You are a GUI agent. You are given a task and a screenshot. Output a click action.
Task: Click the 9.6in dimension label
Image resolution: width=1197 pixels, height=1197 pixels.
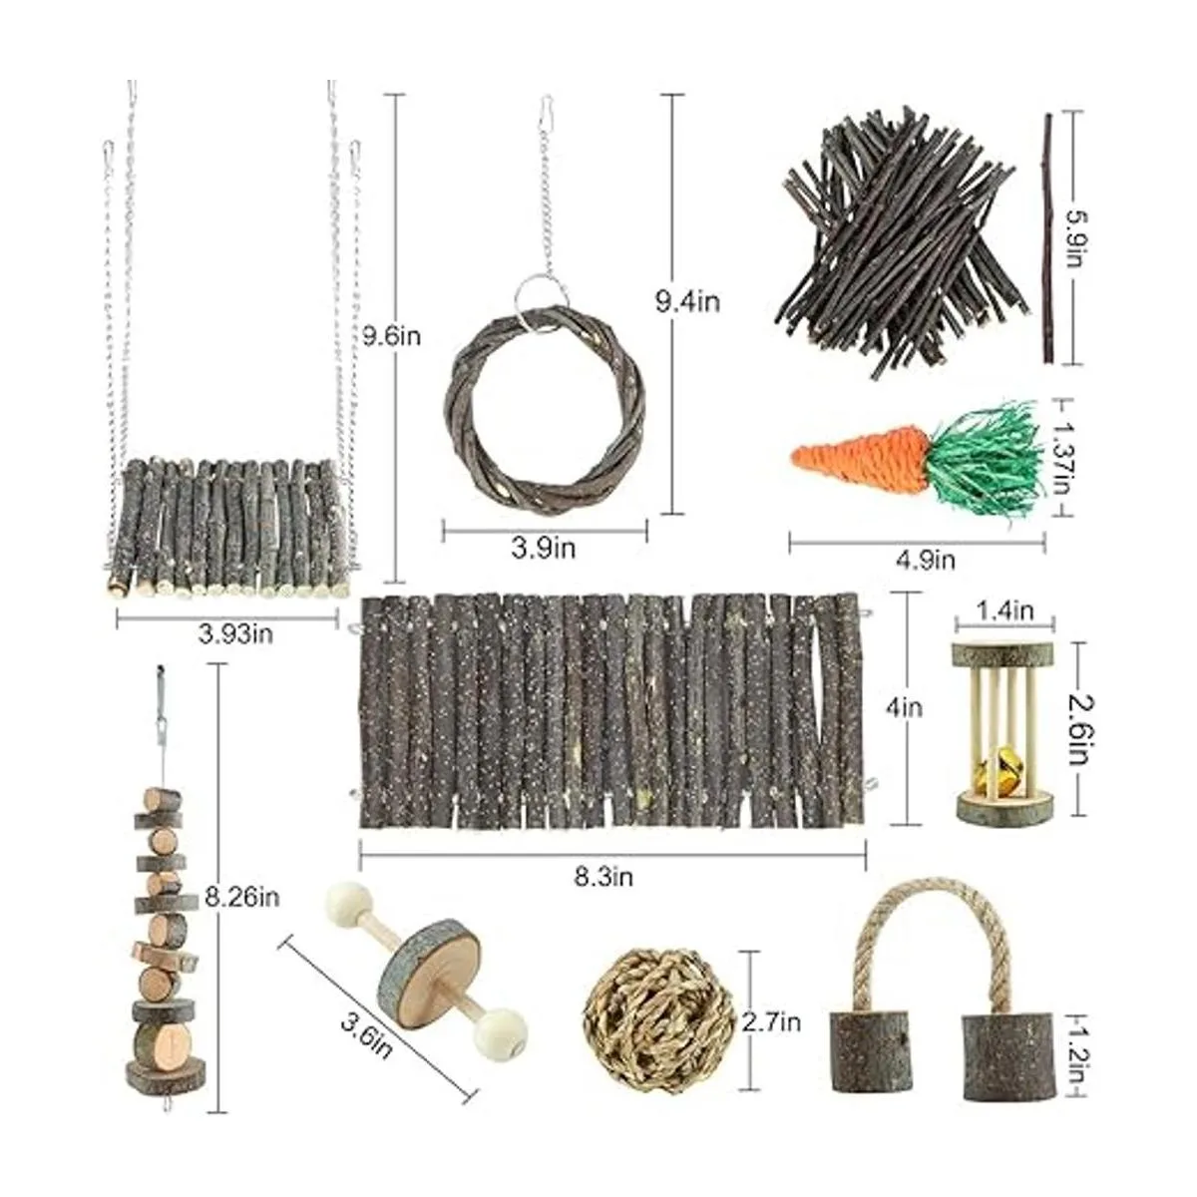point(392,336)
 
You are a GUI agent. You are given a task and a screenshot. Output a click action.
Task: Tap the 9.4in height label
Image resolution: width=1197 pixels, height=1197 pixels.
point(688,302)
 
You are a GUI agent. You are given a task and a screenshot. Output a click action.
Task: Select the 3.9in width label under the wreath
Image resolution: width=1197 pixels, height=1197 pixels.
point(544,548)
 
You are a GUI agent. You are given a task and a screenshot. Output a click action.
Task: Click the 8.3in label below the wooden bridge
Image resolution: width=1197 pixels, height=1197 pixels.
point(603,877)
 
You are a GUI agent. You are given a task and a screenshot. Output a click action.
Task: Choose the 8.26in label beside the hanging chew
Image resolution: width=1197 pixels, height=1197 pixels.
point(241,897)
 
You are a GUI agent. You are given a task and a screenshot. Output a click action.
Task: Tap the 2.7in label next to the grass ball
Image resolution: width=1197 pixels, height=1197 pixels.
point(771,1022)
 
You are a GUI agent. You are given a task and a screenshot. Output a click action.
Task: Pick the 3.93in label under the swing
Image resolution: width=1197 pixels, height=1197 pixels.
point(235,634)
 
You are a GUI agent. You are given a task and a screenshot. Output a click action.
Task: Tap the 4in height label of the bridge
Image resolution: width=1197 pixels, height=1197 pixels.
point(904,708)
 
